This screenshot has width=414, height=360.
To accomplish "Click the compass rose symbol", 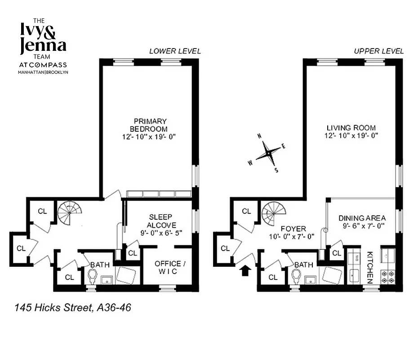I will click(x=268, y=153).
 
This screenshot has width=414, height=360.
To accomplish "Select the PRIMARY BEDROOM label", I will click(x=150, y=125).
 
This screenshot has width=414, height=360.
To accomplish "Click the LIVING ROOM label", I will click(x=351, y=128).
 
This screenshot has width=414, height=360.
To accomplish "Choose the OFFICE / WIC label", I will click(x=167, y=267).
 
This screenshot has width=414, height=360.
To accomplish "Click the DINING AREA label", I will click(x=362, y=218).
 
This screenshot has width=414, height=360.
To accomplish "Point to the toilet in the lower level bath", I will click(x=93, y=276).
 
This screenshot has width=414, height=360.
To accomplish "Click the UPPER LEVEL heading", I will click(x=378, y=51).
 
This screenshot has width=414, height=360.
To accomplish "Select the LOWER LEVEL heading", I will click(x=175, y=51).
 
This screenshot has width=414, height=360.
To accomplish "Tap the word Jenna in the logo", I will click(x=43, y=45).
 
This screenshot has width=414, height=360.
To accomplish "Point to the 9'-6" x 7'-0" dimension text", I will click(x=362, y=226).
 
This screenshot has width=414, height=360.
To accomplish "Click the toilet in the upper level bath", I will click(x=296, y=276).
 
